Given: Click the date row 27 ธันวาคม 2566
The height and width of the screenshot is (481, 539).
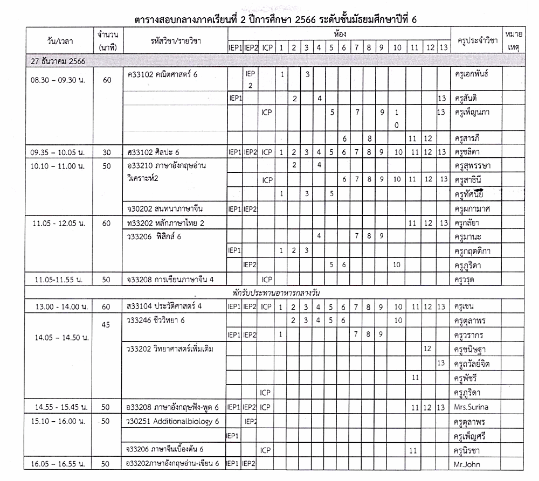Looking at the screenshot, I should click(57, 61).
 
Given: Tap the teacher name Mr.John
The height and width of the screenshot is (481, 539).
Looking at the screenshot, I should click(467, 463).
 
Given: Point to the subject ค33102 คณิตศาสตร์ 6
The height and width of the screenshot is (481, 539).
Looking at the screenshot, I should click(162, 74).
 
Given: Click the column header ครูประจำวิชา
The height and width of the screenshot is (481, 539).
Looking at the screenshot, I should click(476, 40).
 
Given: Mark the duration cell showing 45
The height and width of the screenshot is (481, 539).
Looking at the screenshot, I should click(106, 324).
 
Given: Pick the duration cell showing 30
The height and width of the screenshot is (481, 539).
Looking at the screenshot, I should click(106, 152).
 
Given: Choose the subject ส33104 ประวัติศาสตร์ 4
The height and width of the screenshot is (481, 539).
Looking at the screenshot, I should click(163, 306).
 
